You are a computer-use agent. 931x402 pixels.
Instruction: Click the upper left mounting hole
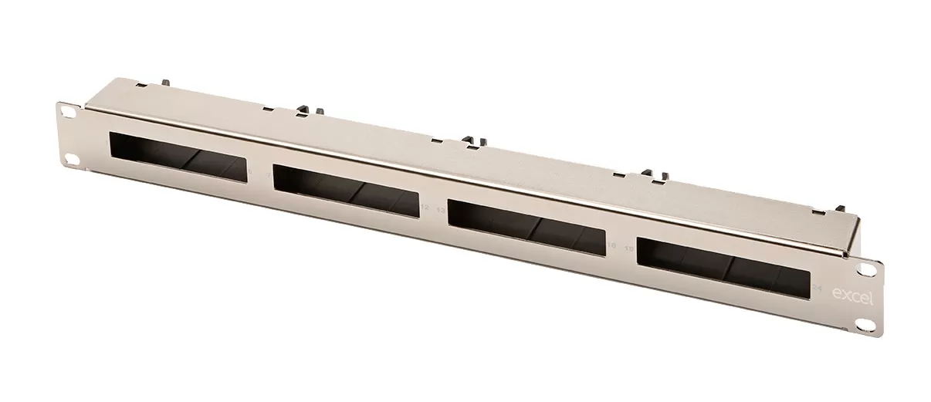point(70,112)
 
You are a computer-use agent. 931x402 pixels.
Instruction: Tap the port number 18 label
point(611,245)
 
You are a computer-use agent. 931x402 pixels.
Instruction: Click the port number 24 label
point(817,287)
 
